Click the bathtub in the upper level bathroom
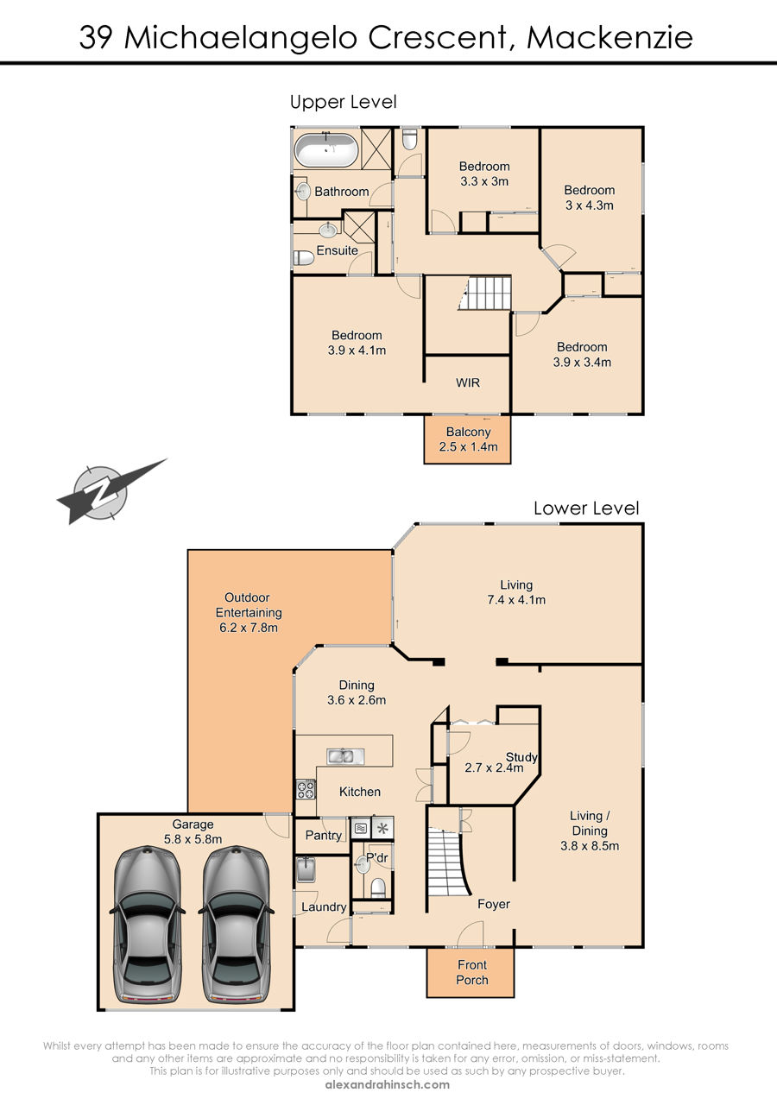pos(325,149)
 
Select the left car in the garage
pos(147,925)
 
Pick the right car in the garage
pos(236,925)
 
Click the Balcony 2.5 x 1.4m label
pos(468,439)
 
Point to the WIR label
pos(467,382)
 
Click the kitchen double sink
pos(345,756)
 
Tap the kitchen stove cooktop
pos(306,789)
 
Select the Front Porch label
pos(472,972)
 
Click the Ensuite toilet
pos(304,257)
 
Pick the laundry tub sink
pos(306,869)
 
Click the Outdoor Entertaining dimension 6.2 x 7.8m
pos(249,628)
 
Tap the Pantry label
pos(323,835)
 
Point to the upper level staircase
pos(485,293)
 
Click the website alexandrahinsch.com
pos(387,1085)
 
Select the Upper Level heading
pos(343,102)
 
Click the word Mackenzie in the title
pos(610,38)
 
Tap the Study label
pos(521,757)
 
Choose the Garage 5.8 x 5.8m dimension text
pos(193,839)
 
